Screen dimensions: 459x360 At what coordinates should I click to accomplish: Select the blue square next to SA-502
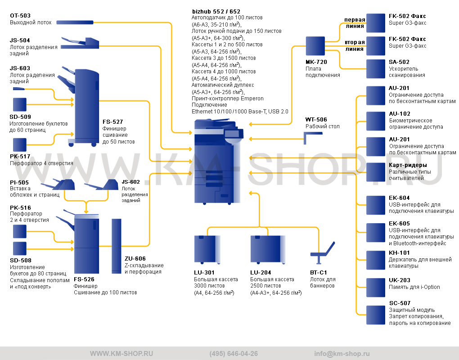[376, 69]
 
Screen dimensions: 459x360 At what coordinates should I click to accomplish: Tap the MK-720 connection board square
[315, 46]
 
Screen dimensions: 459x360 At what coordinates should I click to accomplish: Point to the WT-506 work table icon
[313, 138]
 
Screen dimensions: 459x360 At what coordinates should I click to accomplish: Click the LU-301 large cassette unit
[207, 249]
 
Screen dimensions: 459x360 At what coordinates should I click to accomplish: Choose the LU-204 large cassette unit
[268, 249]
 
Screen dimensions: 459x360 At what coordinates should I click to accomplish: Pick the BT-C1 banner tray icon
[322, 253]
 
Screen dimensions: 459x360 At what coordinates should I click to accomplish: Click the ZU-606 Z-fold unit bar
[116, 246]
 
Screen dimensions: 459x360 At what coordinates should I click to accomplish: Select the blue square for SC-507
[376, 315]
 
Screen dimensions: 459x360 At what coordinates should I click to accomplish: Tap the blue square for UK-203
[376, 288]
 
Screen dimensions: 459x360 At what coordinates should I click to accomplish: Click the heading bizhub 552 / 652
[216, 11]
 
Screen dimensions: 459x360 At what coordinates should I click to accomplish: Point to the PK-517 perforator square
[20, 145]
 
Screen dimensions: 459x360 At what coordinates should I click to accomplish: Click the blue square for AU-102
[376, 121]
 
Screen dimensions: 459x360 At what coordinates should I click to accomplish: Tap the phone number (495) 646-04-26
[234, 354]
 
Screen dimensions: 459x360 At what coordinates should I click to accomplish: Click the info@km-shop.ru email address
[342, 354]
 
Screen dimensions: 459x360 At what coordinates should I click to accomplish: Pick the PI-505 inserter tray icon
[58, 184]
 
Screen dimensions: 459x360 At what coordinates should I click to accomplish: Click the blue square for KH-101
[376, 260]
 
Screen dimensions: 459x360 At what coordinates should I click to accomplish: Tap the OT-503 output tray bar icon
[75, 22]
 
